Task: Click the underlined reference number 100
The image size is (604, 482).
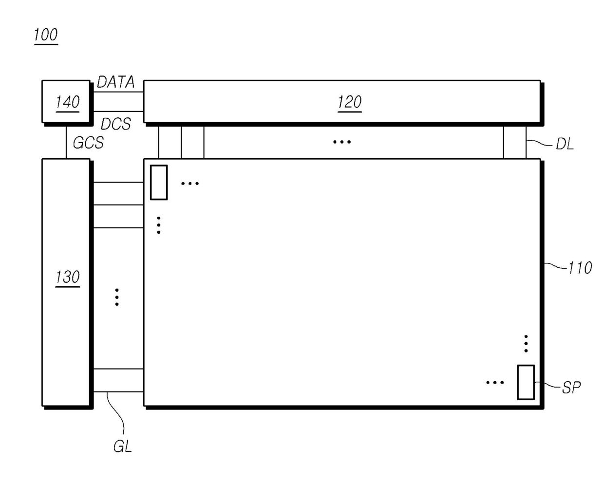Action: (46, 35)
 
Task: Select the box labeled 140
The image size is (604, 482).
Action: (66, 102)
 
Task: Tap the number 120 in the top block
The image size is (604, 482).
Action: (349, 102)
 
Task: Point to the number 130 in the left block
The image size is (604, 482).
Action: (68, 277)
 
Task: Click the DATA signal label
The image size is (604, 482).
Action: (115, 82)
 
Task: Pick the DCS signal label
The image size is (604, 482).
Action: (115, 124)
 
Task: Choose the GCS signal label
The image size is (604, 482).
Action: (89, 143)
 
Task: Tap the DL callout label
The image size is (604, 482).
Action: (565, 144)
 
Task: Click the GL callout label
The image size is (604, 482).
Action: (123, 446)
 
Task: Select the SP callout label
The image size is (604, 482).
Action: (571, 388)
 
